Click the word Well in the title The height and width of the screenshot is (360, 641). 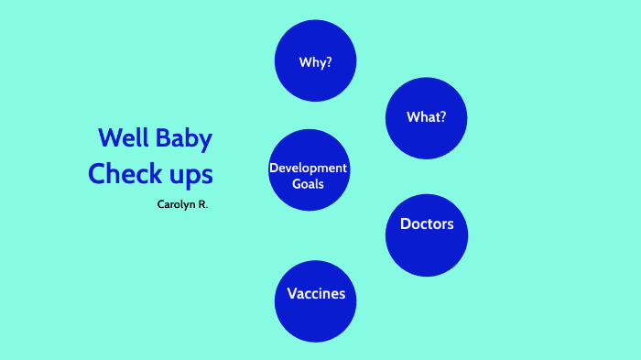pyautogui.click(x=122, y=139)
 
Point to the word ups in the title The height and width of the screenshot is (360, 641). pyautogui.click(x=190, y=175)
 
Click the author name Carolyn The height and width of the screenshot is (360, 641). pyautogui.click(x=176, y=204)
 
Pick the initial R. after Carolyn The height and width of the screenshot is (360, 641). pyautogui.click(x=202, y=204)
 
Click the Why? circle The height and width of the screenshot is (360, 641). pyautogui.click(x=315, y=60)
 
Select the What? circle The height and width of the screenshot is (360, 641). pyautogui.click(x=426, y=118)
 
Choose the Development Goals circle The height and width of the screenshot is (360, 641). pyautogui.click(x=309, y=170)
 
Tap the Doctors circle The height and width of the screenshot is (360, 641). pyautogui.click(x=427, y=235)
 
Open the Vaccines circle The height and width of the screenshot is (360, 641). pyautogui.click(x=316, y=301)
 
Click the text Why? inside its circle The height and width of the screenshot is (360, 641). pyautogui.click(x=315, y=62)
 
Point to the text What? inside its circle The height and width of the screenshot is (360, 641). pyautogui.click(x=426, y=117)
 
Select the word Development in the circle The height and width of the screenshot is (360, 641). pyautogui.click(x=309, y=168)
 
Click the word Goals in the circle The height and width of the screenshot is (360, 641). pyautogui.click(x=309, y=183)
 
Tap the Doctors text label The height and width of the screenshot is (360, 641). pyautogui.click(x=427, y=224)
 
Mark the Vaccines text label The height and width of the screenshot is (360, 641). pyautogui.click(x=316, y=294)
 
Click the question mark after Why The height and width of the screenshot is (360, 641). pyautogui.click(x=328, y=62)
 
